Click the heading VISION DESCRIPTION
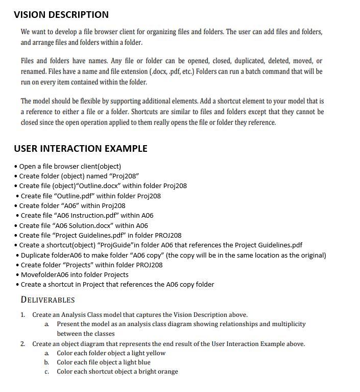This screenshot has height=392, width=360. click(61, 15)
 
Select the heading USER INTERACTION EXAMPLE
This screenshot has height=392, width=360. click(81, 149)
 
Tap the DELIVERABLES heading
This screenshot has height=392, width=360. click(47, 300)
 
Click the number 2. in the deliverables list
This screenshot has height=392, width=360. click(23, 344)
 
